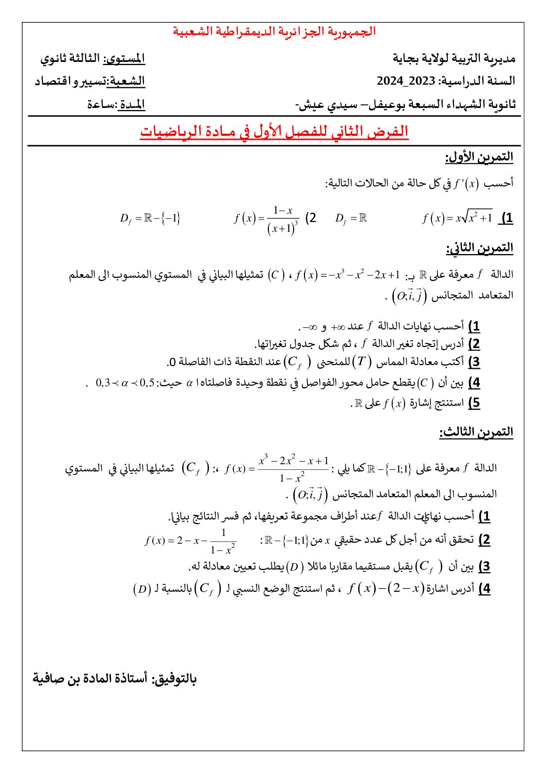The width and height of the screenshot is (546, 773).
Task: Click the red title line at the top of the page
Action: click(x=274, y=31)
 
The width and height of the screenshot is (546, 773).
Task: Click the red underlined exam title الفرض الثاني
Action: click(x=274, y=132)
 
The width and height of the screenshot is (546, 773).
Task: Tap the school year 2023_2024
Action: click(x=406, y=81)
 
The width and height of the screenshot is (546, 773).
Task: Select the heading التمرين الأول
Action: click(x=479, y=157)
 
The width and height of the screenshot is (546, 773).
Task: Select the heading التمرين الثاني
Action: click(x=479, y=248)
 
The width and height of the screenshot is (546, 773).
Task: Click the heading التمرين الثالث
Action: click(x=476, y=432)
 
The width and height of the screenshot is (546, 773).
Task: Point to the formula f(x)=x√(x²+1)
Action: click(x=457, y=218)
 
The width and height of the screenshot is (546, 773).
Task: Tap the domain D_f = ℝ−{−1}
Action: click(x=150, y=218)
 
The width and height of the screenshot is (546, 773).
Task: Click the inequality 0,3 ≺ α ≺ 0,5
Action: click(x=125, y=383)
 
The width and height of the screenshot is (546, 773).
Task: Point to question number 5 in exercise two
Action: click(x=474, y=403)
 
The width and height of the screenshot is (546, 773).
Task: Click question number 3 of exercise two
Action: click(x=474, y=362)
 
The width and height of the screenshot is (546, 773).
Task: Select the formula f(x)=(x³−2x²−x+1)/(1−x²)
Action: click(x=277, y=468)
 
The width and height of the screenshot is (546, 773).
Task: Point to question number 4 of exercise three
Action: click(x=484, y=589)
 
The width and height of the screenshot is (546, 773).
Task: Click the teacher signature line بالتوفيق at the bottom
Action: click(x=115, y=678)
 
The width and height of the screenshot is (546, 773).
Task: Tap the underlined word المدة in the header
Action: click(x=133, y=104)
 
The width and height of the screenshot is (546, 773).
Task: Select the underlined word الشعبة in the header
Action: click(x=127, y=82)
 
